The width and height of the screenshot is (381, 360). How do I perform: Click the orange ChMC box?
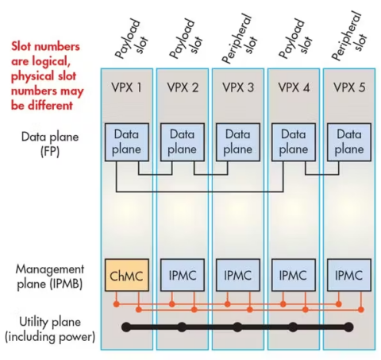[126, 275]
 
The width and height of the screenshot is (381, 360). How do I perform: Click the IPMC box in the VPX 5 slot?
[348, 275]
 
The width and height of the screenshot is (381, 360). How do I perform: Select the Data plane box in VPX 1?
[126, 143]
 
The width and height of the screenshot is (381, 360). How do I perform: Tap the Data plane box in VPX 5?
[348, 143]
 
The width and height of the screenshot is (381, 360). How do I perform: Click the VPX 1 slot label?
[126, 86]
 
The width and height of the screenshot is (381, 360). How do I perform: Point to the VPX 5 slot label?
[348, 86]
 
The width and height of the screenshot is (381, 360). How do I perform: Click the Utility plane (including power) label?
[49, 328]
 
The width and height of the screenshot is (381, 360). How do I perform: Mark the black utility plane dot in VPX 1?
[126, 327]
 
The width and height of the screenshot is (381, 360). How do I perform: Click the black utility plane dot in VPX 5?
[348, 327]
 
